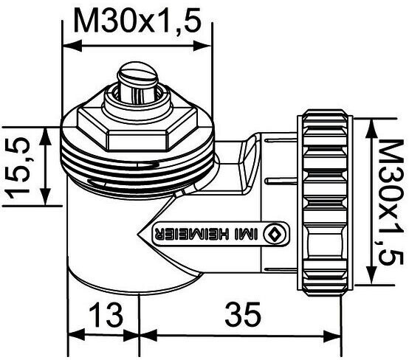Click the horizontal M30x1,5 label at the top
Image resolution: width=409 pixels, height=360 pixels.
(137, 21)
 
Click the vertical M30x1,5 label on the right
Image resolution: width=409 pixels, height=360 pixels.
(389, 203)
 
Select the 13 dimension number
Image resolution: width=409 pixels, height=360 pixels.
(106, 315)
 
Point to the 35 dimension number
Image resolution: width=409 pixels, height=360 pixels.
(243, 314)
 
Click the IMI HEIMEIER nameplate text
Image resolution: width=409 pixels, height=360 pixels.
(207, 234)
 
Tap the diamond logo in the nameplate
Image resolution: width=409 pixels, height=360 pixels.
(275, 234)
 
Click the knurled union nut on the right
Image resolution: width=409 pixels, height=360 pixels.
(325, 203)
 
